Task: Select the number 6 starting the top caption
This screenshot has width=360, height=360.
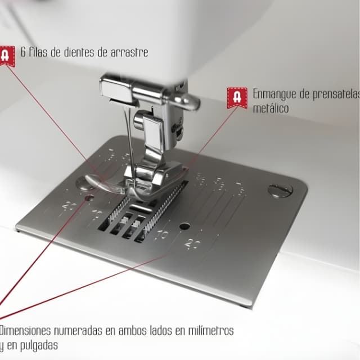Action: click(x=24, y=52)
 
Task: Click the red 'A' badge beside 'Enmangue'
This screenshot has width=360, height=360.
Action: click(x=236, y=97)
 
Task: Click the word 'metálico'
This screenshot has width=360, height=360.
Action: click(x=271, y=107)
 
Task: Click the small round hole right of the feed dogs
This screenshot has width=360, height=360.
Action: click(x=184, y=226)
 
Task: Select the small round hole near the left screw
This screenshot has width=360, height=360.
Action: click(x=88, y=199)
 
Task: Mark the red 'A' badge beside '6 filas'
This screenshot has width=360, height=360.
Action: click(x=6, y=55)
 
